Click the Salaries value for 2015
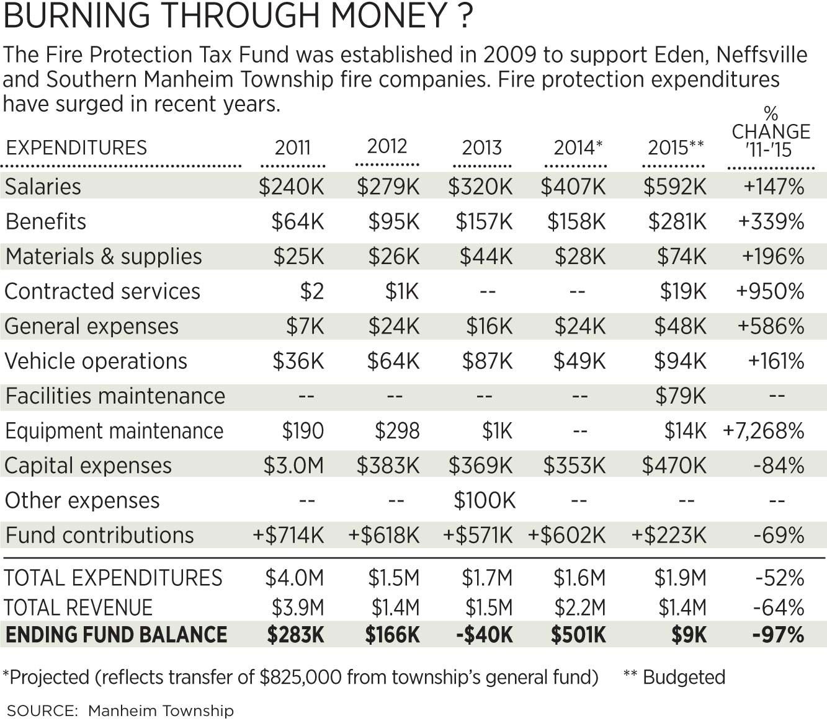[674, 187]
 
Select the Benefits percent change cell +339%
[771, 221]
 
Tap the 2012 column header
[387, 146]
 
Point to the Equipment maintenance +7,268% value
[764, 431]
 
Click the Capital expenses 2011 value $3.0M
[293, 466]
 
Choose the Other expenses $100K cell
[485, 500]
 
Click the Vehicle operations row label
[96, 361]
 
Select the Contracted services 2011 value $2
[311, 291]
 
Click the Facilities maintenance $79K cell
[681, 396]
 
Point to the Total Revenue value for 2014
[579, 608]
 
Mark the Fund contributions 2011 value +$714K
[288, 535]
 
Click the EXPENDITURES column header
[76, 148]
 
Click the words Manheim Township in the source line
[161, 710]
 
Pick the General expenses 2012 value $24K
[393, 326]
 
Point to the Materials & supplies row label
[104, 257]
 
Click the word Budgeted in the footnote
[684, 677]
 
